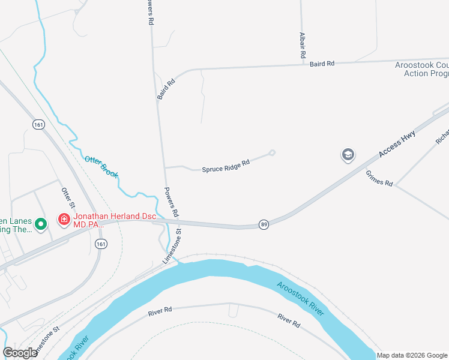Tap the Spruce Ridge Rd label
[226, 166]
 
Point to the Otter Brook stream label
[101, 167]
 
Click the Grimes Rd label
[379, 178]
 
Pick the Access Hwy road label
[397, 145]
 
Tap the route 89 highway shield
[264, 224]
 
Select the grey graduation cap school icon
[348, 155]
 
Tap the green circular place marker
[41, 224]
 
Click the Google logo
[20, 353]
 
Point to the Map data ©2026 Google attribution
[412, 355]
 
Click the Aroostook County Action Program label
[422, 69]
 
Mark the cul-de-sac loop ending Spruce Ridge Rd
[272, 152]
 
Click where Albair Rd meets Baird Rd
[303, 64]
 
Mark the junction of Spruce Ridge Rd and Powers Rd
[164, 167]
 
